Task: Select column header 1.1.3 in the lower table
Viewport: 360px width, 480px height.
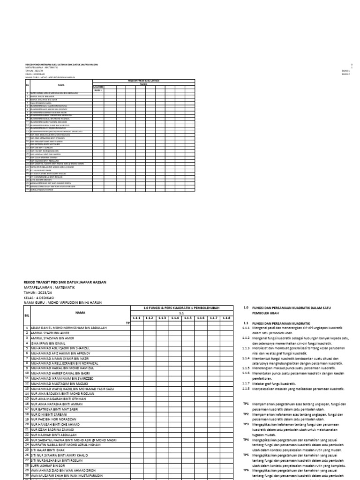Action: tap(162, 318)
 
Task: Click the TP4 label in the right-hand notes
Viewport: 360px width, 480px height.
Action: tap(246, 440)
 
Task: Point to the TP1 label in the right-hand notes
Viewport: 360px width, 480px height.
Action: tap(246, 404)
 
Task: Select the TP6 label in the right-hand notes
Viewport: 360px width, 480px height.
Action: tap(246, 470)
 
